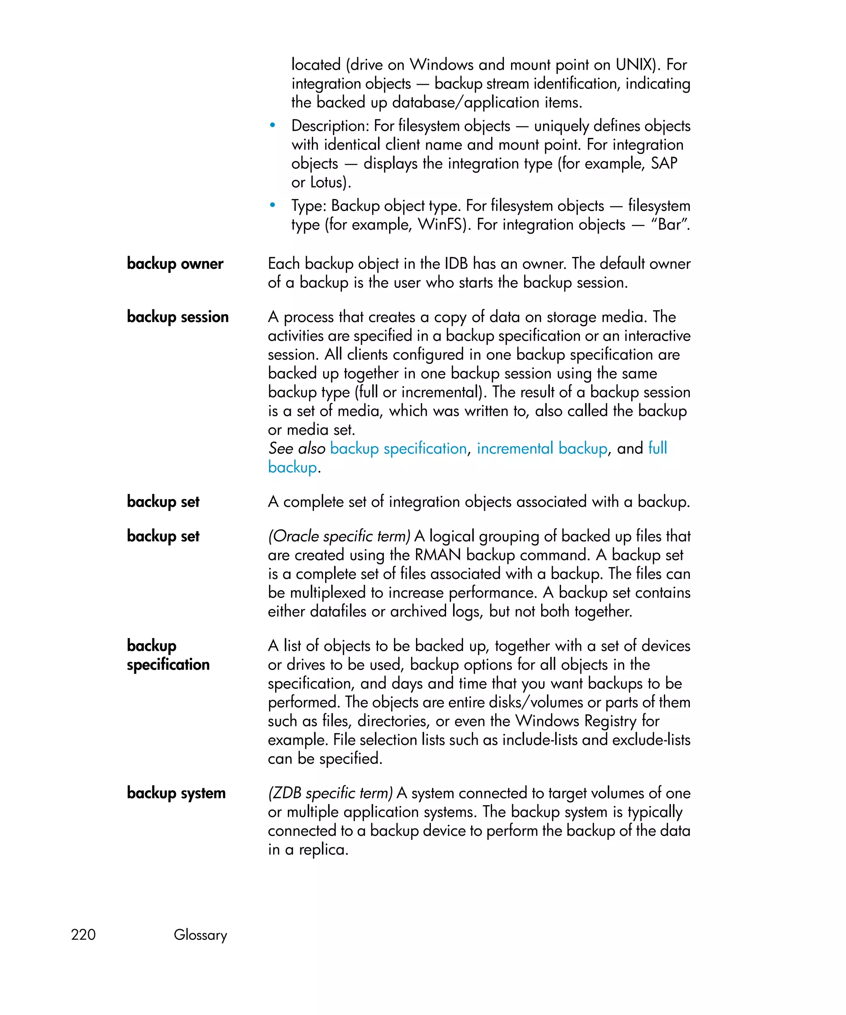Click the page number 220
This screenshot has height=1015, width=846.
(x=83, y=934)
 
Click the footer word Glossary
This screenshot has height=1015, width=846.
(x=200, y=935)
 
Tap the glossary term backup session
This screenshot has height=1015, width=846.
(x=177, y=317)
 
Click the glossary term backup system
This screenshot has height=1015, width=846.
(x=176, y=793)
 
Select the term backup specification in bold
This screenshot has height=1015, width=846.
(x=168, y=655)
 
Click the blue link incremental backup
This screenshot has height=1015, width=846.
(x=542, y=448)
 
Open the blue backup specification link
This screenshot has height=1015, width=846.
(x=398, y=448)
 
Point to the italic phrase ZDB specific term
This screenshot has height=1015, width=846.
(x=330, y=793)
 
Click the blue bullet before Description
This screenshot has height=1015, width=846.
(x=273, y=126)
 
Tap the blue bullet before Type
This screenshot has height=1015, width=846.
(x=273, y=205)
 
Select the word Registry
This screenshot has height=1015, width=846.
(x=611, y=721)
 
